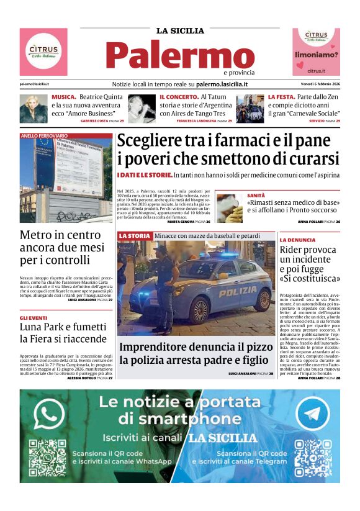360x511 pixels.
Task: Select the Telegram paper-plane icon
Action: click(x=312, y=414)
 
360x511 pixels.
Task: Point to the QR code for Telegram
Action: click(x=313, y=458)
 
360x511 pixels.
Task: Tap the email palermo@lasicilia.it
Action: click(x=34, y=84)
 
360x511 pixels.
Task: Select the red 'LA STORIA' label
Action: click(x=134, y=236)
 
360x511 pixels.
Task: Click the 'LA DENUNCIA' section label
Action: click(x=297, y=240)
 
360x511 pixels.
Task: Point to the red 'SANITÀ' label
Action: click(x=256, y=195)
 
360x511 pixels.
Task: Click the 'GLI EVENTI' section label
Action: click(x=33, y=317)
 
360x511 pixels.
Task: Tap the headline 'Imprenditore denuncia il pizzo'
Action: click(x=193, y=347)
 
